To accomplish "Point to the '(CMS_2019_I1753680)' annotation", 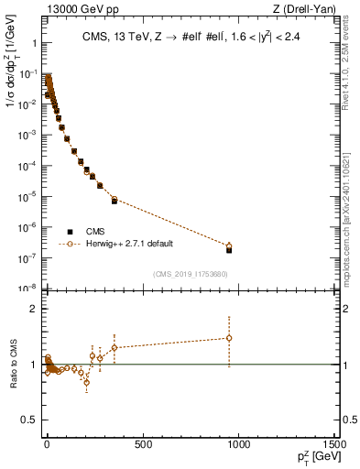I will (190, 273).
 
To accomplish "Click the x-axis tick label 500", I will (142, 446).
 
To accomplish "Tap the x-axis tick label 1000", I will (239, 446).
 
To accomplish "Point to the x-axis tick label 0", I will (47, 446).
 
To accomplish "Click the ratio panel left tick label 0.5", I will (29, 420).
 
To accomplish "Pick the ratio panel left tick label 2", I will (34, 309).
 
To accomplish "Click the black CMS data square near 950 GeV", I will (229, 249).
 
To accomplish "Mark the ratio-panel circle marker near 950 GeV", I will (229, 338).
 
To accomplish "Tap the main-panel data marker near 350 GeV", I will (114, 200).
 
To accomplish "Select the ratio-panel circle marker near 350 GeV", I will (114, 348).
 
